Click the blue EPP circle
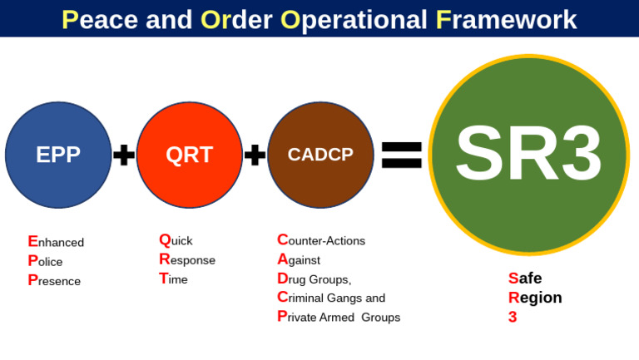[58, 155]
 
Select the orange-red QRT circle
[190, 155]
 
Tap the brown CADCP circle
[320, 155]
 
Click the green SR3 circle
[528, 155]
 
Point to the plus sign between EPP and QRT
[124, 155]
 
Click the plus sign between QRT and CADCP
[255, 155]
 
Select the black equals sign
[402, 155]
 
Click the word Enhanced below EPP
[56, 242]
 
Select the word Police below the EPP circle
[45, 261]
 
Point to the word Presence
[54, 281]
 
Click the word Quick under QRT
[176, 240]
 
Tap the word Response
[187, 259]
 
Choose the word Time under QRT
[173, 279]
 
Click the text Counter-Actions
[321, 240]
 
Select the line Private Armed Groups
[339, 317]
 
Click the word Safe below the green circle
[525, 279]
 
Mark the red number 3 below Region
[513, 317]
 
